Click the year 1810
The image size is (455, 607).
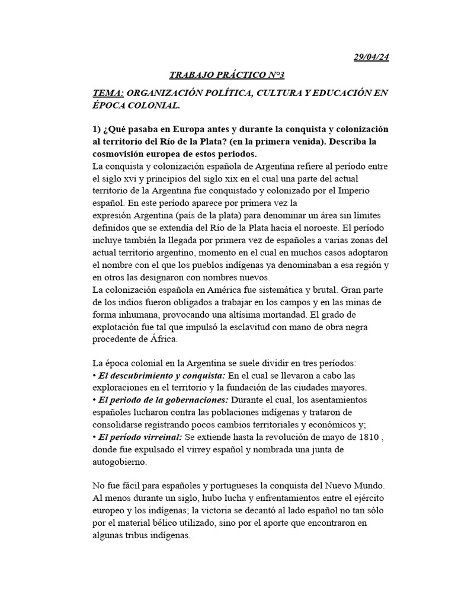coord(364,437)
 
